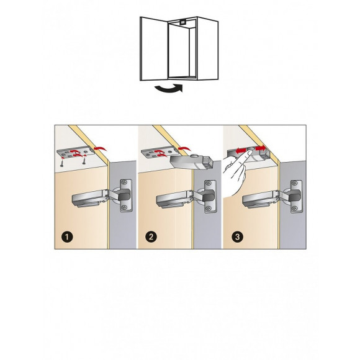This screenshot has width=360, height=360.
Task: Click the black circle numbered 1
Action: (x=67, y=236)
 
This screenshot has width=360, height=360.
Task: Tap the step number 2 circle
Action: (x=151, y=236)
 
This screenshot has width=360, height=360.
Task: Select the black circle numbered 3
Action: (x=237, y=236)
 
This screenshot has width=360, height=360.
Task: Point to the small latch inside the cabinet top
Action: (x=183, y=22)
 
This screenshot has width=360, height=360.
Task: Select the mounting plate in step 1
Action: (x=76, y=152)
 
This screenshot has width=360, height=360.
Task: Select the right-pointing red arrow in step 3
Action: (x=260, y=148)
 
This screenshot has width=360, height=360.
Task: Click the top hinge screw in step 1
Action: (x=125, y=182)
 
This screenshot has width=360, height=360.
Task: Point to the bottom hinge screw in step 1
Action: (x=125, y=207)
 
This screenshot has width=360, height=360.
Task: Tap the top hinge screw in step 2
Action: (x=209, y=183)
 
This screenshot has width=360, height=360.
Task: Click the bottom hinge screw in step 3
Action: (x=295, y=209)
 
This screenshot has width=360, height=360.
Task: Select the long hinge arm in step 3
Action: (x=259, y=200)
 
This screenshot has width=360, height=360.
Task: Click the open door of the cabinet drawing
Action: (x=154, y=48)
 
